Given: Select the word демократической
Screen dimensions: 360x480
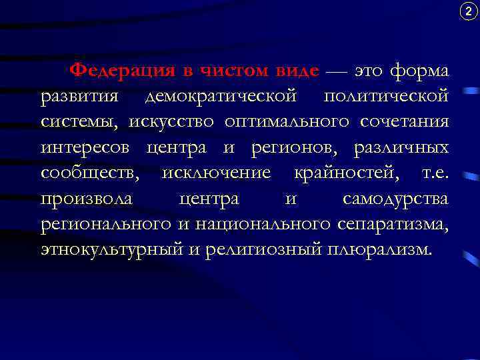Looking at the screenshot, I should coord(221,97).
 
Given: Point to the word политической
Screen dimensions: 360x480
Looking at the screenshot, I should coord(386,97).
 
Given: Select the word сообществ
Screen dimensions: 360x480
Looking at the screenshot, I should coord(90,173).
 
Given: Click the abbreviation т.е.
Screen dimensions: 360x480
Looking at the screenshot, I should coord(433,173).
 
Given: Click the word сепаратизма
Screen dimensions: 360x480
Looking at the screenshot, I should coord(395,224).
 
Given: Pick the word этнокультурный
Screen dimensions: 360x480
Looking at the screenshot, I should coord(117,250).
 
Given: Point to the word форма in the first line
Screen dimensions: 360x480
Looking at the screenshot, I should coord(419,71).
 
